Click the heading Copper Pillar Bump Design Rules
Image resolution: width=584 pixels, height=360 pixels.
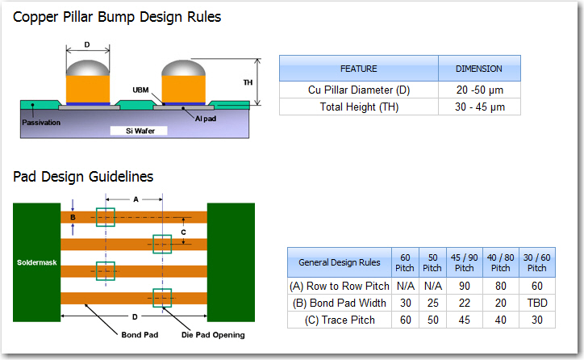117,16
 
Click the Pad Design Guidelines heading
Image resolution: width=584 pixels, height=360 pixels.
83,176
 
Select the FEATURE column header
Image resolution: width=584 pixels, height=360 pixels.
358,69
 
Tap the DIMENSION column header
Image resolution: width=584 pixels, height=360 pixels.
479,69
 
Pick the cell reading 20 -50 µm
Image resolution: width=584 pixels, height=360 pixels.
479,90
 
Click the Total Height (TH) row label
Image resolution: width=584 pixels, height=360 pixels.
358,107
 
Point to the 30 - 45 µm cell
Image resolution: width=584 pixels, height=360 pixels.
479,107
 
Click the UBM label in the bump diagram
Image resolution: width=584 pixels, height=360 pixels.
140,90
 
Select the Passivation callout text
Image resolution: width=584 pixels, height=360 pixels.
40,122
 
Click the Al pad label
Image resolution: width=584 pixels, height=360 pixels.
205,118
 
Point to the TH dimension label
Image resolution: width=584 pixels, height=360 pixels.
248,82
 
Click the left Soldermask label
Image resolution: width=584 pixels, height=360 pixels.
36,262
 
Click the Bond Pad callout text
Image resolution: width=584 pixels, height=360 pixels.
139,335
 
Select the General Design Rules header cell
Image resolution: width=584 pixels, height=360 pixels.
340,262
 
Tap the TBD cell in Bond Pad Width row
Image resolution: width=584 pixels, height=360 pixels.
536,303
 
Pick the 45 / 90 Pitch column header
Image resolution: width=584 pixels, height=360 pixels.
464,262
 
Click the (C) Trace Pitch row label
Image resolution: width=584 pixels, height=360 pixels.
340,320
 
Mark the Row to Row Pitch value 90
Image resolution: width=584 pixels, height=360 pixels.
464,286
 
